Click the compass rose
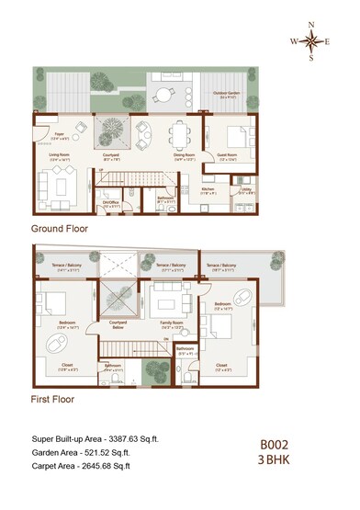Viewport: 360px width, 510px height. (312, 41)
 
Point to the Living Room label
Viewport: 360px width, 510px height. (61, 157)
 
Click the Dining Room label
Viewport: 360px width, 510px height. (186, 157)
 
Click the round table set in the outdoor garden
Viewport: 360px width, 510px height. (164, 95)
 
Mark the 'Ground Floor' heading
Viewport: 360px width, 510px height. (60, 229)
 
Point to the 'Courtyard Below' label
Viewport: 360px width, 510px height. (118, 325)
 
